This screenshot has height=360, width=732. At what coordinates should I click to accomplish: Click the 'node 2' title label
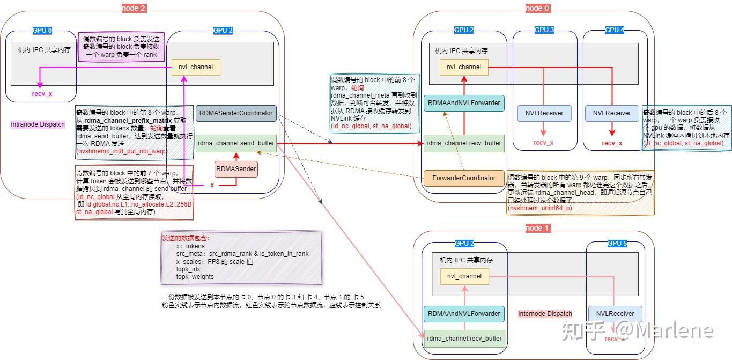pos(134,8)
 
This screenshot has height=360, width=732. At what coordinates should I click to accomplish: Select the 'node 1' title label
pos(538,228)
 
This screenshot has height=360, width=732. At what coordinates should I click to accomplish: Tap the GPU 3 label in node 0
pos(544,30)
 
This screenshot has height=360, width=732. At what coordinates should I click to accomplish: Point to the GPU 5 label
pos(617,243)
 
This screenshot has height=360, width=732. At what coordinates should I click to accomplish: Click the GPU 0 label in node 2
pos(43,31)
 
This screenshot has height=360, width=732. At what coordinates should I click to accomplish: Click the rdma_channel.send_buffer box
pos(236,143)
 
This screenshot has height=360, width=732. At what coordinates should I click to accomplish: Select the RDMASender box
pos(236,170)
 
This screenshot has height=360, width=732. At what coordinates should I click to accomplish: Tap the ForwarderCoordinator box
pos(464,178)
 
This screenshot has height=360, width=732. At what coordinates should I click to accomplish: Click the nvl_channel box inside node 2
pos(196,67)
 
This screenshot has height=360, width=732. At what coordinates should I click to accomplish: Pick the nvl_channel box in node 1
pos(464,276)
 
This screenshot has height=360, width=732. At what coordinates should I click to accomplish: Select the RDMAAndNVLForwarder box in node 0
pos(464,103)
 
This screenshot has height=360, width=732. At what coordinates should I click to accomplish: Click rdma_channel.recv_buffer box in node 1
pos(464,338)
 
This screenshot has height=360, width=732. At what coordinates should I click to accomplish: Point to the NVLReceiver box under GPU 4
pos(612,113)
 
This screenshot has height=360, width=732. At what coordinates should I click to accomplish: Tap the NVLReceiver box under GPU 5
pos(615,314)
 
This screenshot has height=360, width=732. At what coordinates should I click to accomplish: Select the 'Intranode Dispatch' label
pos(38,124)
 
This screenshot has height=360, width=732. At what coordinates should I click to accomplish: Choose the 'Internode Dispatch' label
pos(545,314)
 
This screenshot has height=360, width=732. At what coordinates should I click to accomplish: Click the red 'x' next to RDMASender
pos(212,185)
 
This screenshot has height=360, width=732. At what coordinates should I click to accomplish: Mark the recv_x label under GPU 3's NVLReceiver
pos(543,142)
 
